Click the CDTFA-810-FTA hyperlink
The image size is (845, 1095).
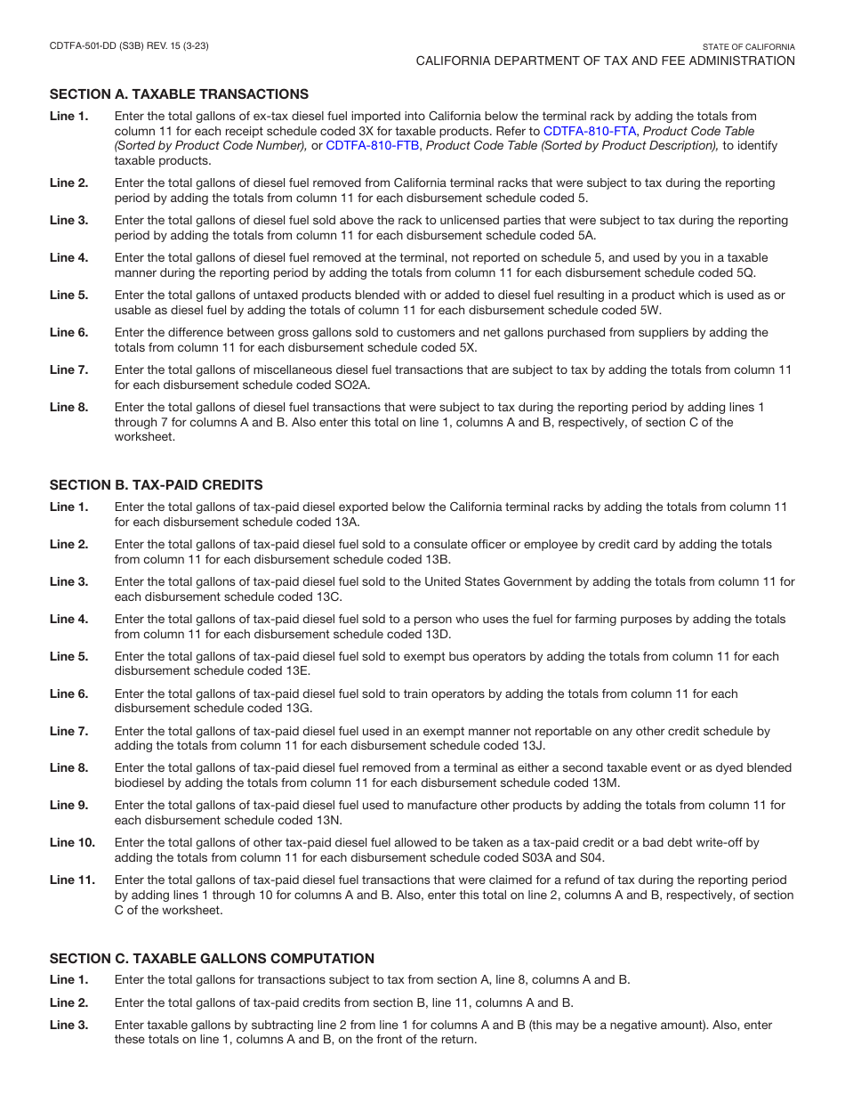(590, 131)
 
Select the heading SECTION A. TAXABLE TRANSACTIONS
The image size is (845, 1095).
(179, 93)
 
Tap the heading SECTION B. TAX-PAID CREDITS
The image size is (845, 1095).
(156, 485)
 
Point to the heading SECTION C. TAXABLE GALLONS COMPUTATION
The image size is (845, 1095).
(212, 959)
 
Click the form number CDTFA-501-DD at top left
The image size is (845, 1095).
(84, 46)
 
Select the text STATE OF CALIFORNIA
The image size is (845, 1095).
(748, 47)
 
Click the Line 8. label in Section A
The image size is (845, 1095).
(68, 407)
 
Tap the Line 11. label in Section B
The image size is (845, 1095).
(72, 880)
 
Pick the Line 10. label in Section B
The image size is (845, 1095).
(72, 842)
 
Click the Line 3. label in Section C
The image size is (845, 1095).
(68, 1025)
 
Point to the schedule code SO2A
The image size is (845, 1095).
(351, 385)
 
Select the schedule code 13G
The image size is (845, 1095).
(318, 709)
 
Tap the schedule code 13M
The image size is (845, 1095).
(601, 783)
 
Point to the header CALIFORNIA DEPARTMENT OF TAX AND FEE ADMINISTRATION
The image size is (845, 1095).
(605, 61)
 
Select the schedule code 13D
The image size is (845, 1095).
(431, 634)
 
